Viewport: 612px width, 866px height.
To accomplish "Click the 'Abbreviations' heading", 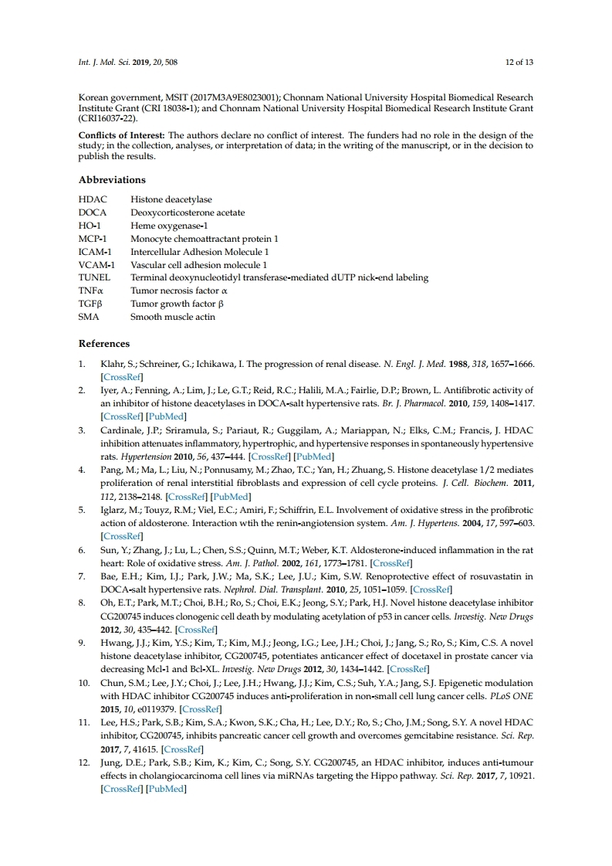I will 112,180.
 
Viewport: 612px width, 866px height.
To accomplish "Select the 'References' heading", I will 104,343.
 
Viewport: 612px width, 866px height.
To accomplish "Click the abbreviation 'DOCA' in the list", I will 93,212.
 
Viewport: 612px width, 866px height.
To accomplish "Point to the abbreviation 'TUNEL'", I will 94,277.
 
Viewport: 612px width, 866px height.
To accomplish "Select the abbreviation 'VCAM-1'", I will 96,264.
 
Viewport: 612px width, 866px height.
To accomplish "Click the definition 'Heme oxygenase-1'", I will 164,225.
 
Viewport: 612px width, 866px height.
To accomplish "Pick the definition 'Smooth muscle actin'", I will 173,317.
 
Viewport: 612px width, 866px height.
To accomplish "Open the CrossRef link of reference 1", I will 122,377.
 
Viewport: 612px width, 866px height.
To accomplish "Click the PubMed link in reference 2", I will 166,416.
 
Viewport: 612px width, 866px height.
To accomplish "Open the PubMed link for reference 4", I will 231,496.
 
